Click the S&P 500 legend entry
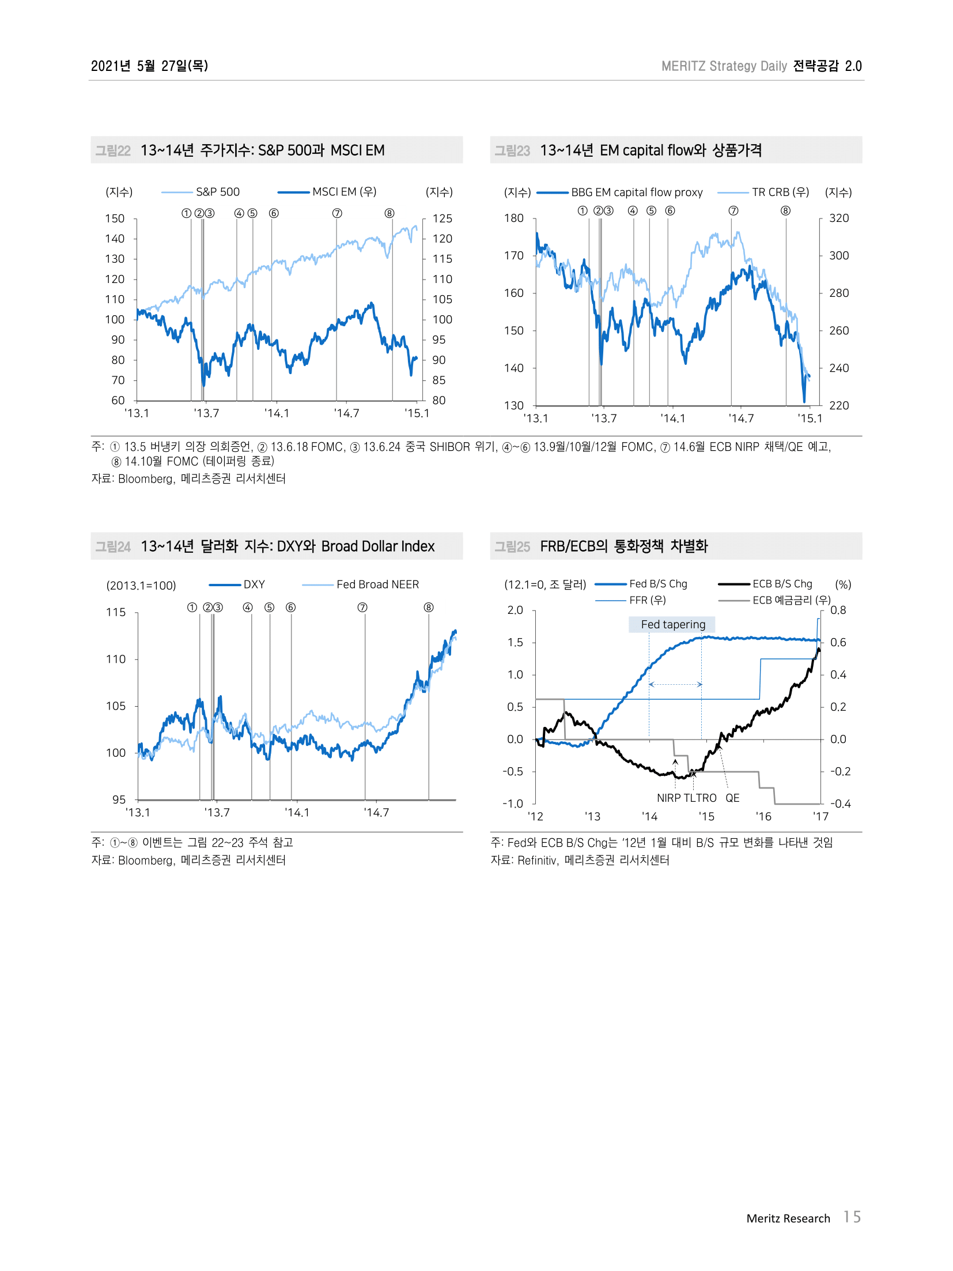click(x=217, y=192)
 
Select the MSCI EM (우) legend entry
click(x=344, y=192)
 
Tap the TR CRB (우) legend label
click(x=780, y=193)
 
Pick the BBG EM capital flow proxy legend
click(x=636, y=193)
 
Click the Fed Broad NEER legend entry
click(x=377, y=584)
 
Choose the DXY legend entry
click(x=254, y=584)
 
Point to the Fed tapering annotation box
click(x=672, y=624)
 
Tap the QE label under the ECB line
click(x=732, y=798)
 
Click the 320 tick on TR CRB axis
click(x=839, y=218)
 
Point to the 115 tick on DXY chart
click(x=115, y=612)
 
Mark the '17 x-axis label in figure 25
click(x=820, y=816)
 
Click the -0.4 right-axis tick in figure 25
click(x=840, y=804)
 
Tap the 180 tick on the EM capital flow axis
click(x=514, y=218)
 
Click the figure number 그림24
click(x=113, y=546)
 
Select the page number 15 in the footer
click(x=852, y=1217)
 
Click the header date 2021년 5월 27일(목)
click(x=149, y=66)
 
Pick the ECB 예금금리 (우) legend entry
click(x=791, y=600)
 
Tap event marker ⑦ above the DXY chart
click(x=362, y=608)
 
